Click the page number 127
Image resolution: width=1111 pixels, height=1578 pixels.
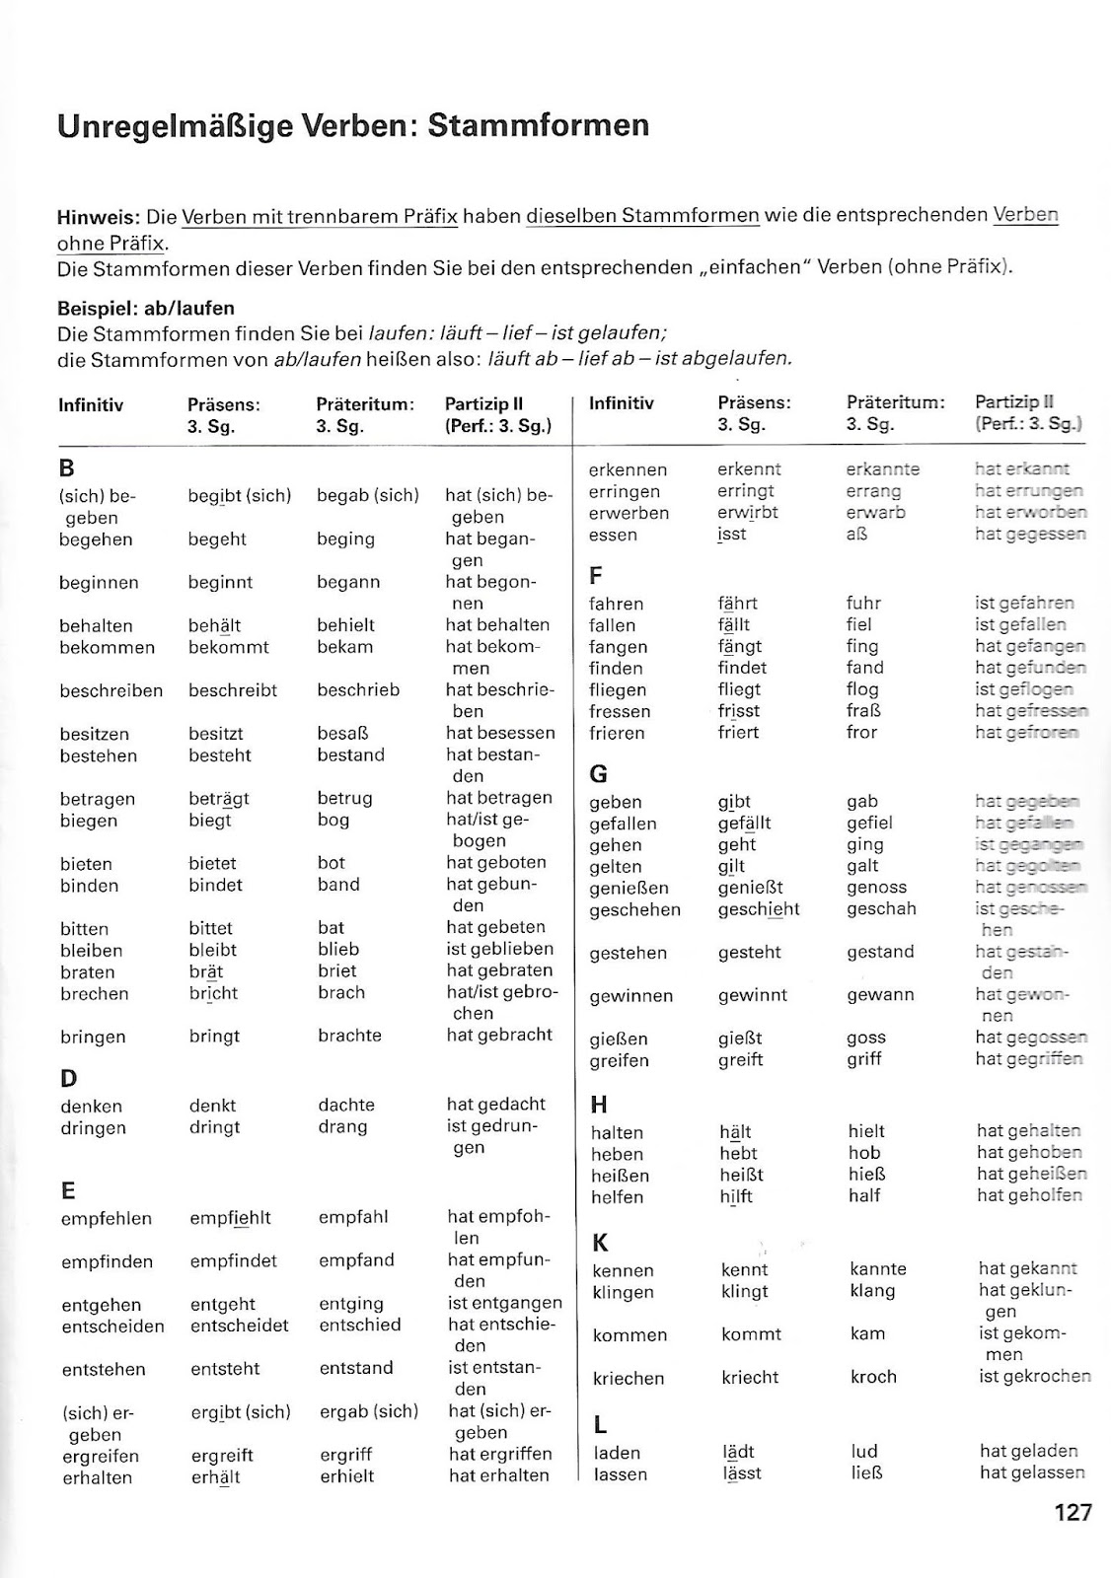(x=1073, y=1512)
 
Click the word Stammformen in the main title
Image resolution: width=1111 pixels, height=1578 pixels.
(x=539, y=125)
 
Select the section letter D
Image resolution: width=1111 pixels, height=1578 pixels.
(x=68, y=1078)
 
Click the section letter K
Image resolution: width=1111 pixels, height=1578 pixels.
(x=600, y=1242)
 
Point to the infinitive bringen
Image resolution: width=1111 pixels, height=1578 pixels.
(x=93, y=1037)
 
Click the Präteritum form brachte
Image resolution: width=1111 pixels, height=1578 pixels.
(x=349, y=1036)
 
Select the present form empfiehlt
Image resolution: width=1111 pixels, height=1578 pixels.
(x=230, y=1218)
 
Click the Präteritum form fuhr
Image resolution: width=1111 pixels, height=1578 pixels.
(x=863, y=603)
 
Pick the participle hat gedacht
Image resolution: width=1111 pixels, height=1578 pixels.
(x=495, y=1105)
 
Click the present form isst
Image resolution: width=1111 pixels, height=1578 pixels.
(x=732, y=535)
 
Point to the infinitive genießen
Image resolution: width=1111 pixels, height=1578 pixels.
(x=629, y=889)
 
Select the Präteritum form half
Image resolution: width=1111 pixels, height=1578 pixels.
(x=864, y=1196)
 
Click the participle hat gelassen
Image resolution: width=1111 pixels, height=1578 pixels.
(x=1032, y=1472)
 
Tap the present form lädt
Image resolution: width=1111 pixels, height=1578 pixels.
(x=738, y=1452)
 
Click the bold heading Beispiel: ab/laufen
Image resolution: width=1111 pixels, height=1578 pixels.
(x=146, y=308)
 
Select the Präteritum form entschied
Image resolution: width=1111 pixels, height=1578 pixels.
(x=360, y=1326)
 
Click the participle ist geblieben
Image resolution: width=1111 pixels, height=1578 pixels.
(x=500, y=949)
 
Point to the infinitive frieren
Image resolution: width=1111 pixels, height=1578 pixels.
(x=617, y=733)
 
